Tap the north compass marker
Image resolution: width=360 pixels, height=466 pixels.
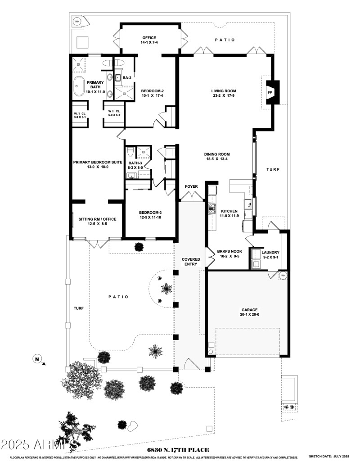pos(36,359)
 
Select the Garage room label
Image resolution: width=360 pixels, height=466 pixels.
pos(249,310)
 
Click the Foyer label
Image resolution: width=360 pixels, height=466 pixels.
pos(191,186)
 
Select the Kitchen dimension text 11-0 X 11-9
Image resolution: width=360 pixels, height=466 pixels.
pos(229,216)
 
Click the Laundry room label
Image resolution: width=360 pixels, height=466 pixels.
pos(270,252)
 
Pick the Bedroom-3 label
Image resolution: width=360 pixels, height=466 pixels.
pos(150,213)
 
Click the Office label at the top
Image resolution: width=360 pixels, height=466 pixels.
pos(149,37)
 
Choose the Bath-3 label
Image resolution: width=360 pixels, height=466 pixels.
pos(135,163)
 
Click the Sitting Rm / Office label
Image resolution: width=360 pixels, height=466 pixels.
pos(94,219)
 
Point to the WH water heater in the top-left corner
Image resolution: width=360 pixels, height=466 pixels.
pos(77,21)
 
